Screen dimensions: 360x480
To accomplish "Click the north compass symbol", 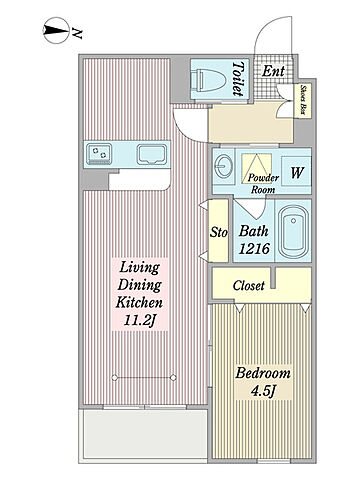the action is (56, 30).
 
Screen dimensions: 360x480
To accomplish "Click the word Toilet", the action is (238, 79).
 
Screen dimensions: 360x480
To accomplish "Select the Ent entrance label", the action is (273, 71).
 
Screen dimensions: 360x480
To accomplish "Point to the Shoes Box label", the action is (303, 100).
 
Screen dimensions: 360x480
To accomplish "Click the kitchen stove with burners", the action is (99, 154).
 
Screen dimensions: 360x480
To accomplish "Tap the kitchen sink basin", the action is (152, 155).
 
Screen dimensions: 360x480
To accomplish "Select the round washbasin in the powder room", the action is (220, 166).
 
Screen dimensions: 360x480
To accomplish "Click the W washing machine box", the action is (296, 171).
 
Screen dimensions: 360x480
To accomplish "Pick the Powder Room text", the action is (263, 184).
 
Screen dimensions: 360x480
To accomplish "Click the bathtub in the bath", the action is (293, 232).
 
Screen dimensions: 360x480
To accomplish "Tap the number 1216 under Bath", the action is (254, 249).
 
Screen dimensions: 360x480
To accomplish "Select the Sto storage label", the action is (219, 232).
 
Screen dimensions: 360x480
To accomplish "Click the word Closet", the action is (249, 285).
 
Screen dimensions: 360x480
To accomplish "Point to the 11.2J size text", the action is (140, 321).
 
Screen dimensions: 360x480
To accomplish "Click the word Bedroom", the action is (263, 373).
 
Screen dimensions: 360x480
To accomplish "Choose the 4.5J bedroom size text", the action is (263, 391).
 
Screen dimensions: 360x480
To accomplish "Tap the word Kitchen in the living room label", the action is (139, 302).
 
